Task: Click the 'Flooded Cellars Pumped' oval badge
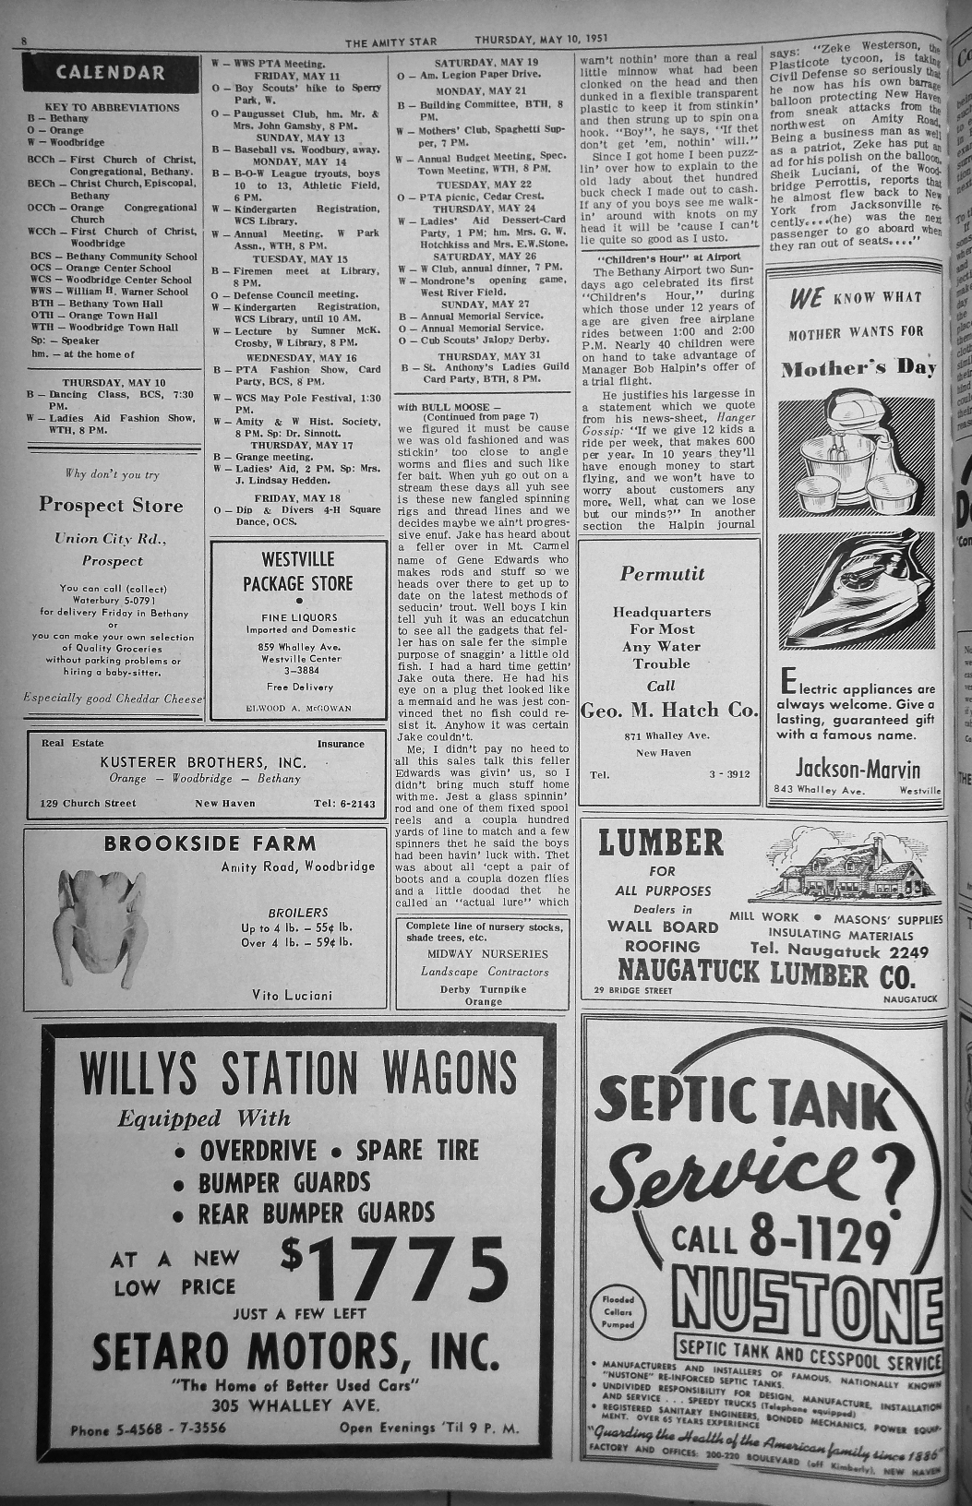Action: point(618,1311)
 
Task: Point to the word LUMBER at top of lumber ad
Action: point(660,843)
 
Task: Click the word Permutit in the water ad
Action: point(662,574)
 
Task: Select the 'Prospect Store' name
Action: point(111,505)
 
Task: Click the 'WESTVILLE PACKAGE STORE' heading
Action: point(297,571)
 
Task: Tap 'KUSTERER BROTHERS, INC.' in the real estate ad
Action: point(203,762)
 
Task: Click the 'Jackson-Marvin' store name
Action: point(858,769)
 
